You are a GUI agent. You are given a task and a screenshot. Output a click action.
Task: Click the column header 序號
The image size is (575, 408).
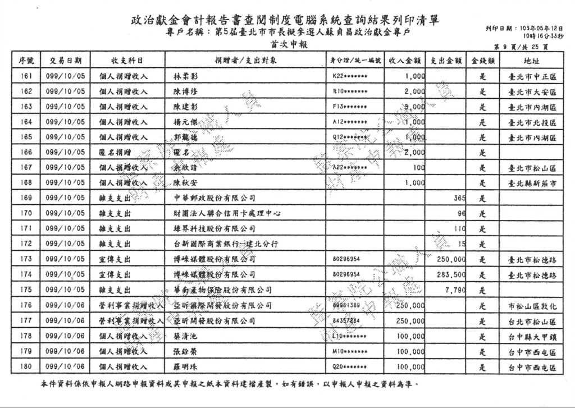26,59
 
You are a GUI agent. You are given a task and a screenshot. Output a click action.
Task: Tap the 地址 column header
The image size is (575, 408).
531,59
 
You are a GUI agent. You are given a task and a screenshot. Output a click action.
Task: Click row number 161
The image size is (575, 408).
26,76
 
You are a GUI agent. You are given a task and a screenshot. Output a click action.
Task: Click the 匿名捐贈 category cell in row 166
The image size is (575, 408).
114,152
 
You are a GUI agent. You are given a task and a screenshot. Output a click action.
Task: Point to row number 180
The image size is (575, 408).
26,368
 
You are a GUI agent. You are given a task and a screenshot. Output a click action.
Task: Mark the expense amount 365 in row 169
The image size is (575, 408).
459,198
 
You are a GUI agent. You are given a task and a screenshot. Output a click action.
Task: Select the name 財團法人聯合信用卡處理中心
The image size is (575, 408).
227,213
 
